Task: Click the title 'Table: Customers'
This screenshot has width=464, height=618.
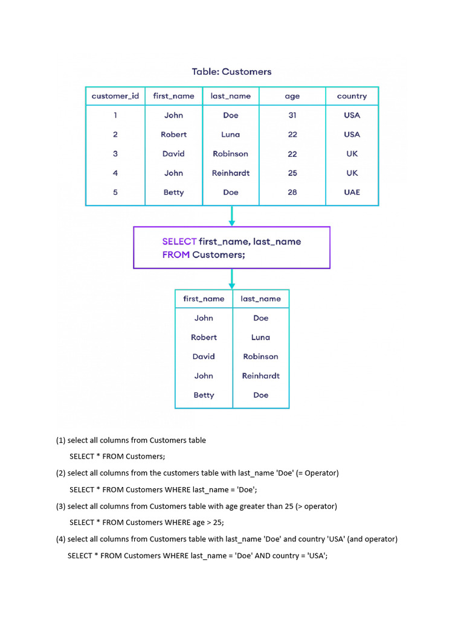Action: (x=231, y=72)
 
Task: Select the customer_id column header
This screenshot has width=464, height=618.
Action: (x=115, y=96)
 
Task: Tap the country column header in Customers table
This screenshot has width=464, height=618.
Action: (x=352, y=96)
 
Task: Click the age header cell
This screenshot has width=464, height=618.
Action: (x=292, y=96)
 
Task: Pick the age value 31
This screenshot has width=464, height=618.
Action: (x=292, y=115)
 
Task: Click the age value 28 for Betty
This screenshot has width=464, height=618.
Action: (x=292, y=193)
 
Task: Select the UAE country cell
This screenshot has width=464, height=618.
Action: (x=352, y=193)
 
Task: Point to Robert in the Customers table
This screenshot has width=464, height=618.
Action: (x=173, y=135)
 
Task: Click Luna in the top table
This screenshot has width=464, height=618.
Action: (x=230, y=135)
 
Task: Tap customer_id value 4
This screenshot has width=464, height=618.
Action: (x=115, y=173)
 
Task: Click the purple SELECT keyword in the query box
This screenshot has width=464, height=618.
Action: (x=179, y=241)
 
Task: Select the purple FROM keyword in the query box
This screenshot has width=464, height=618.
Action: (x=176, y=255)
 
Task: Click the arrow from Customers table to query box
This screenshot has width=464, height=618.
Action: (x=231, y=216)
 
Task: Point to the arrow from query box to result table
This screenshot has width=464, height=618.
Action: (x=231, y=278)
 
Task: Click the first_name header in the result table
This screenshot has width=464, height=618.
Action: (x=204, y=299)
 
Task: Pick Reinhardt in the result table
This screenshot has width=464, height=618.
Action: (x=260, y=376)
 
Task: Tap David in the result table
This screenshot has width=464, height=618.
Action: (x=204, y=357)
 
